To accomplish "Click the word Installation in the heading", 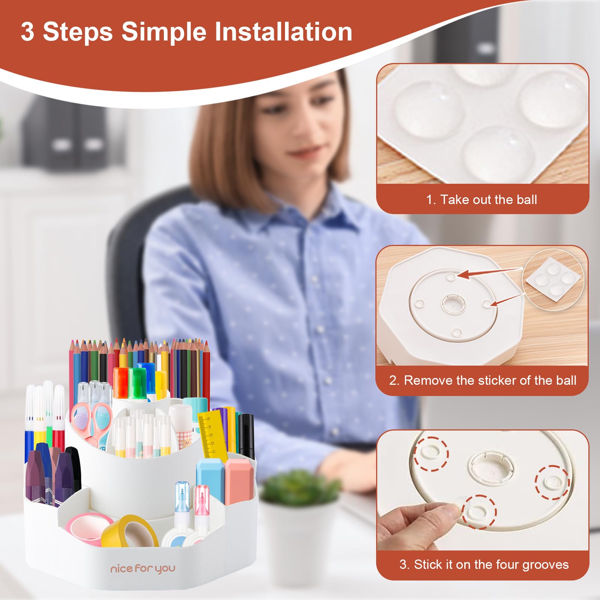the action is click(283, 31).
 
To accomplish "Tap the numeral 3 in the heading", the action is click(27, 31).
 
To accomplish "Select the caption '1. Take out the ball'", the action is click(481, 199).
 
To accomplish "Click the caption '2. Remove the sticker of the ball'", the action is click(482, 380).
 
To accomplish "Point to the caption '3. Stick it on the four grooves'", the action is click(484, 564).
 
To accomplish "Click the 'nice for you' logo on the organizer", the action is click(142, 569).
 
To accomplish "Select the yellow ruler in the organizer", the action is click(211, 435).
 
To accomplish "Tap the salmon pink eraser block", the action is click(239, 481).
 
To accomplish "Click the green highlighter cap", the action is click(137, 382).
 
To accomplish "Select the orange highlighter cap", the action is click(121, 382).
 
